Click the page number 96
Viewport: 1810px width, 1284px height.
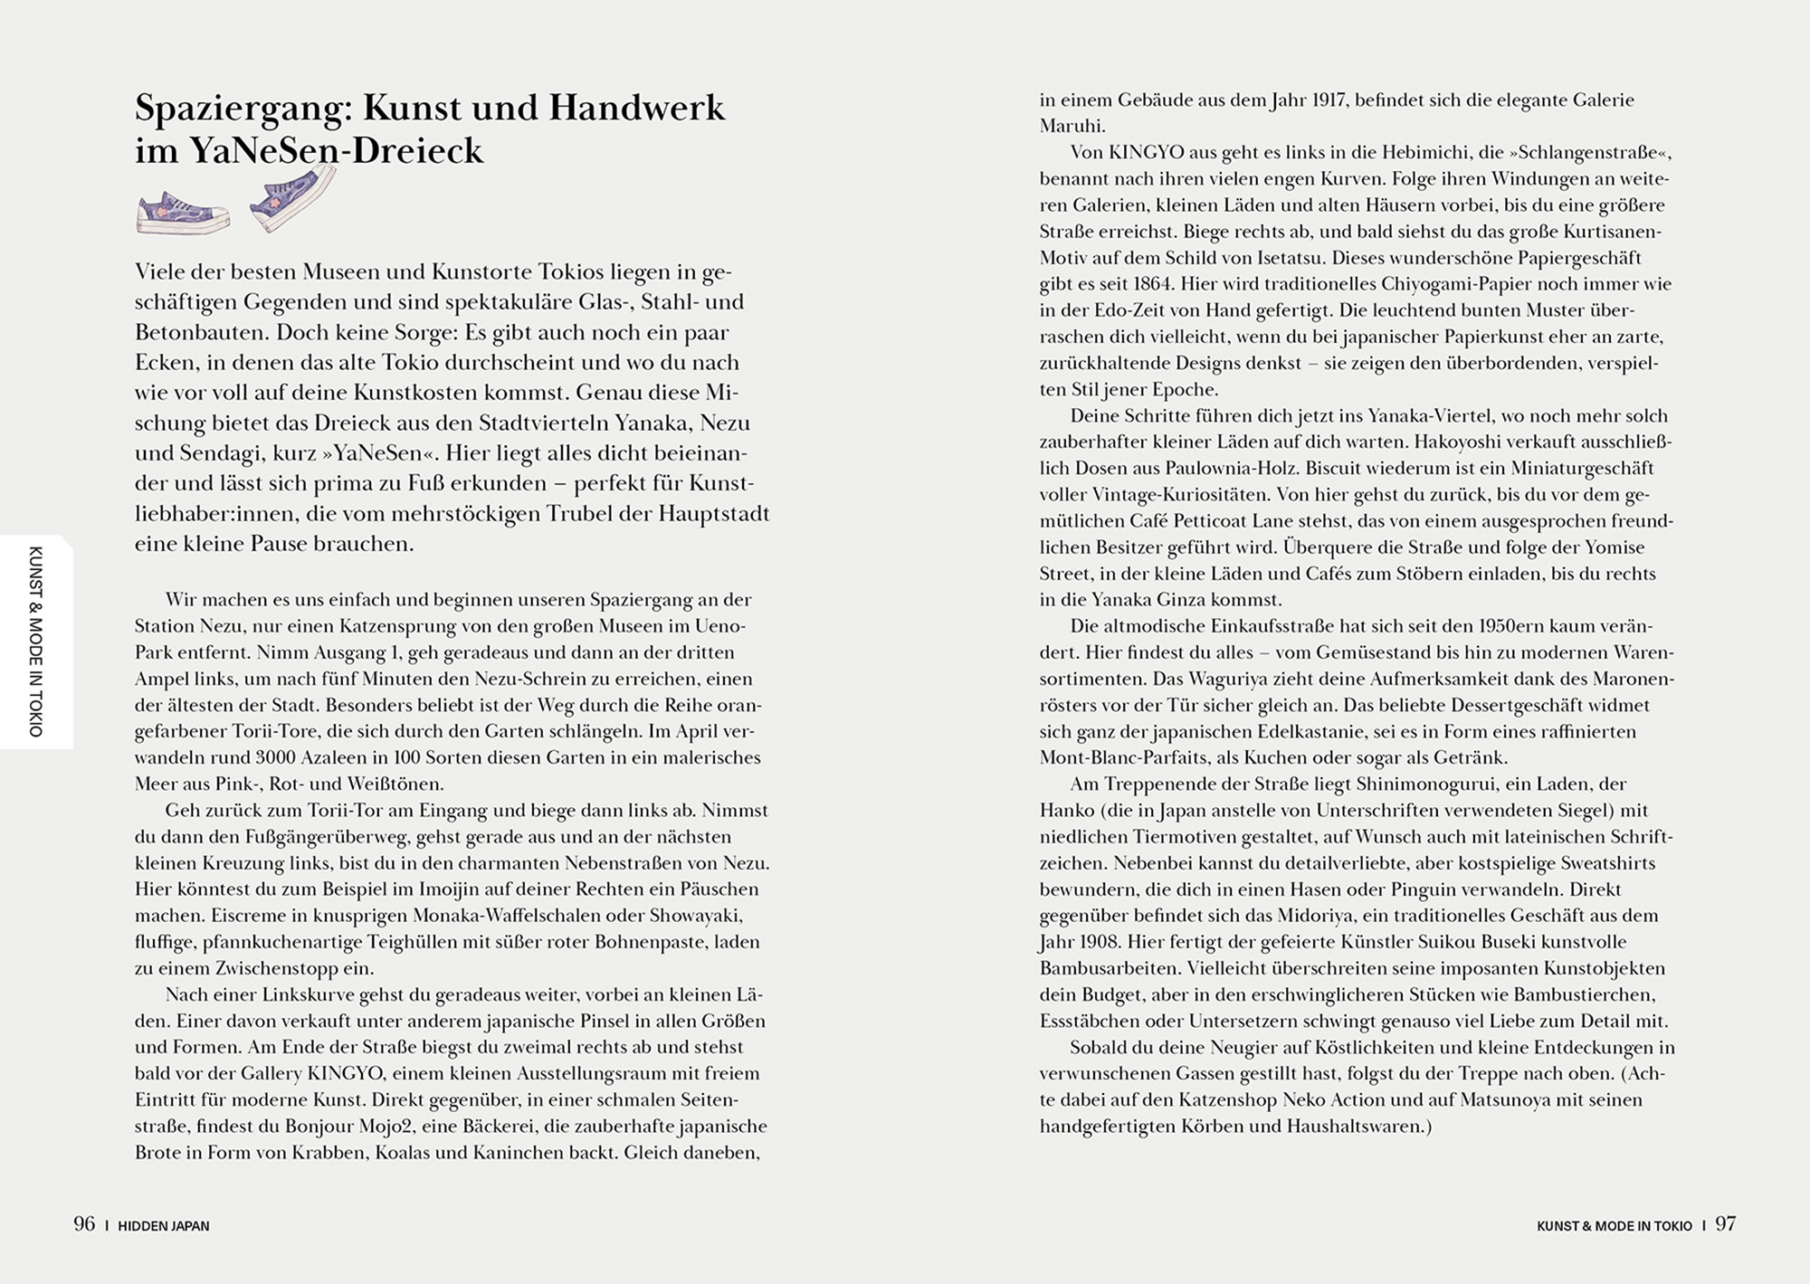pyautogui.click(x=84, y=1224)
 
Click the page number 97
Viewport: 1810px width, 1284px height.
pyautogui.click(x=1726, y=1224)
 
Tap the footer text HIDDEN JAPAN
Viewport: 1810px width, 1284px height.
pyautogui.click(x=164, y=1226)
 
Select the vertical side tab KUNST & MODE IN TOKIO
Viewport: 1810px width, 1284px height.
pyautogui.click(x=36, y=642)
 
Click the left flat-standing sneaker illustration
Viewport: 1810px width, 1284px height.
pyautogui.click(x=183, y=214)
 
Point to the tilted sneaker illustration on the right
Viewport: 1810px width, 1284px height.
pyautogui.click(x=291, y=199)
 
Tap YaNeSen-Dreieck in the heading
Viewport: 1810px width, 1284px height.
pyautogui.click(x=336, y=150)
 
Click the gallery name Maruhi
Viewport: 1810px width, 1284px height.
pyautogui.click(x=1072, y=126)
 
